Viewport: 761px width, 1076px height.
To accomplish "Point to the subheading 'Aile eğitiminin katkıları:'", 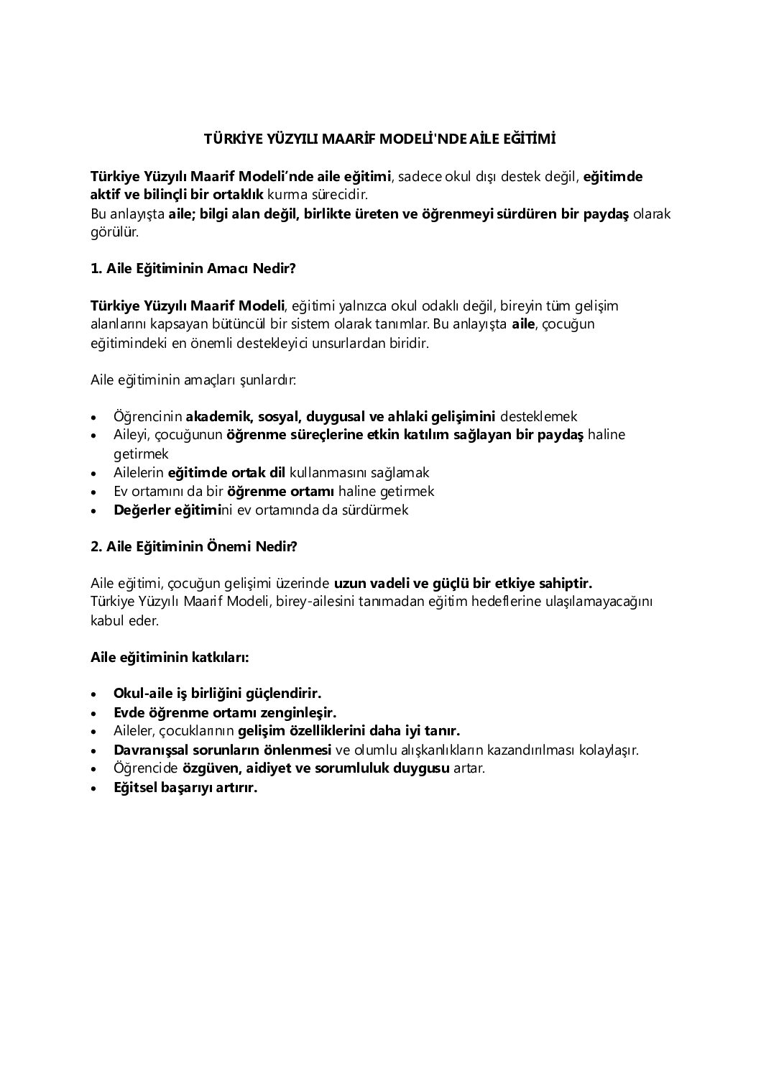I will coord(170,657).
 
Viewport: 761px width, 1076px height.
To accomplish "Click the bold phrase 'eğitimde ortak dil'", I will coord(226,472).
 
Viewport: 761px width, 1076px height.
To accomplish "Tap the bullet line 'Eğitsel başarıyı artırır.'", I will coord(185,787).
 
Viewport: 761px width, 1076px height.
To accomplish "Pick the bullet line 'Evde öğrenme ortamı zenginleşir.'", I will coord(225,712).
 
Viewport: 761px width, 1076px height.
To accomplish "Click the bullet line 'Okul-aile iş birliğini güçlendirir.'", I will coord(217,694).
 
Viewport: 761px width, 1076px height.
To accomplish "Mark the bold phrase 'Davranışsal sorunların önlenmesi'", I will coord(222,750).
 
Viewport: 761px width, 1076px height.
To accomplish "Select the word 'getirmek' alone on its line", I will coord(141,454).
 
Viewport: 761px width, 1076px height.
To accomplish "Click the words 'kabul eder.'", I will coord(124,620).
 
